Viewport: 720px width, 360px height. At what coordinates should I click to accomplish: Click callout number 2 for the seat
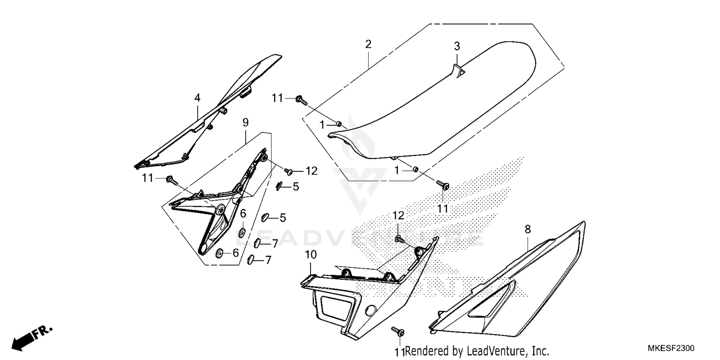368,45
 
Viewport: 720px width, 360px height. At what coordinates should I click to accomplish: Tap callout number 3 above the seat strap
457,46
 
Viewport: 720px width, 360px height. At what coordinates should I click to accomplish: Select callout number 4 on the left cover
197,98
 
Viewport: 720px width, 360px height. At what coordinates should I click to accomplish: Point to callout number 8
528,230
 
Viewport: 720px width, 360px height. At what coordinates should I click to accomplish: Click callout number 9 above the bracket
245,122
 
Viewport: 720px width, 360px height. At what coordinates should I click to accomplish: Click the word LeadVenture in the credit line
499,351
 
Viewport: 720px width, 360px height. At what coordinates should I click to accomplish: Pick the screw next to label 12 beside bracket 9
289,170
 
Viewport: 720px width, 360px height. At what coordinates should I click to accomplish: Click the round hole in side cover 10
370,310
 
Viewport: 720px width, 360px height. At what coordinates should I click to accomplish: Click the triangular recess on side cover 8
492,302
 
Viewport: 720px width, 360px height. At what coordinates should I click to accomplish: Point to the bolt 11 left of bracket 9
170,180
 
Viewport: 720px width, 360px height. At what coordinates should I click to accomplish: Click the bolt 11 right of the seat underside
443,184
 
